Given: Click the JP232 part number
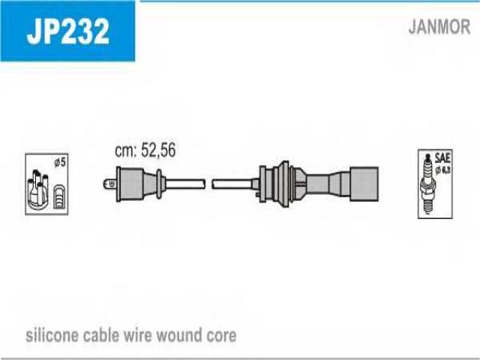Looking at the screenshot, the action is click(67, 31).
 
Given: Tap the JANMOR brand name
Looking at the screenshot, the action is click(439, 27).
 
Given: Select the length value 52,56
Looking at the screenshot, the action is click(158, 150).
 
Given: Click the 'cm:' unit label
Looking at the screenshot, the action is click(125, 150).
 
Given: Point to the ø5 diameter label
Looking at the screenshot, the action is click(60, 162).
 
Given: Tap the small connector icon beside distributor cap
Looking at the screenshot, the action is click(59, 197).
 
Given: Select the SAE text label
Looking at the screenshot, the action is click(442, 158).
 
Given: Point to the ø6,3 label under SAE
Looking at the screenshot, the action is click(443, 170).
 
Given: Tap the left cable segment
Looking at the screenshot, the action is click(185, 184).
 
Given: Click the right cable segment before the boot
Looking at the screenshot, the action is click(232, 184).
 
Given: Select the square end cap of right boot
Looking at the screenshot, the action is click(364, 184).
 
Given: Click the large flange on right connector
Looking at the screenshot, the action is click(284, 184).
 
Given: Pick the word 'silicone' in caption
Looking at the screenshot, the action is click(52, 335).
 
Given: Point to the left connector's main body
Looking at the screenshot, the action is click(132, 184).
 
